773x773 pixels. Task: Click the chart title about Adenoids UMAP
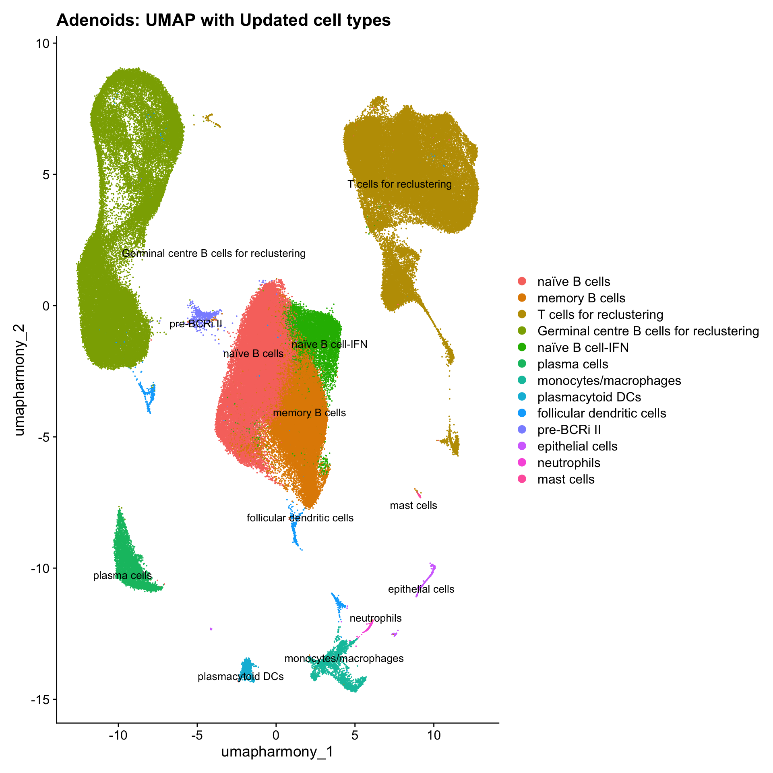point(223,20)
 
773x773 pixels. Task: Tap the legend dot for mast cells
point(522,479)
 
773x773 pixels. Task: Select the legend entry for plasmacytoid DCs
point(589,397)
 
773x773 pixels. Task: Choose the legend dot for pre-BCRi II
point(522,430)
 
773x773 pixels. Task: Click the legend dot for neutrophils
point(522,463)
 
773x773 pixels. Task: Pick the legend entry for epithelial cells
point(577,446)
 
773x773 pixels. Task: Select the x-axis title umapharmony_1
point(277,751)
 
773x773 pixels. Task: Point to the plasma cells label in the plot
point(122,575)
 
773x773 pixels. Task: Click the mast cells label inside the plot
point(413,505)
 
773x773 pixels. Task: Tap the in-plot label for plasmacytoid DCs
point(241,676)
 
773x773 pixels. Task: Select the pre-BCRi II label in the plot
point(196,324)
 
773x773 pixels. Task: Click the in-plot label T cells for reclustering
point(399,184)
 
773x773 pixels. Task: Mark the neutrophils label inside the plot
point(376,618)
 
